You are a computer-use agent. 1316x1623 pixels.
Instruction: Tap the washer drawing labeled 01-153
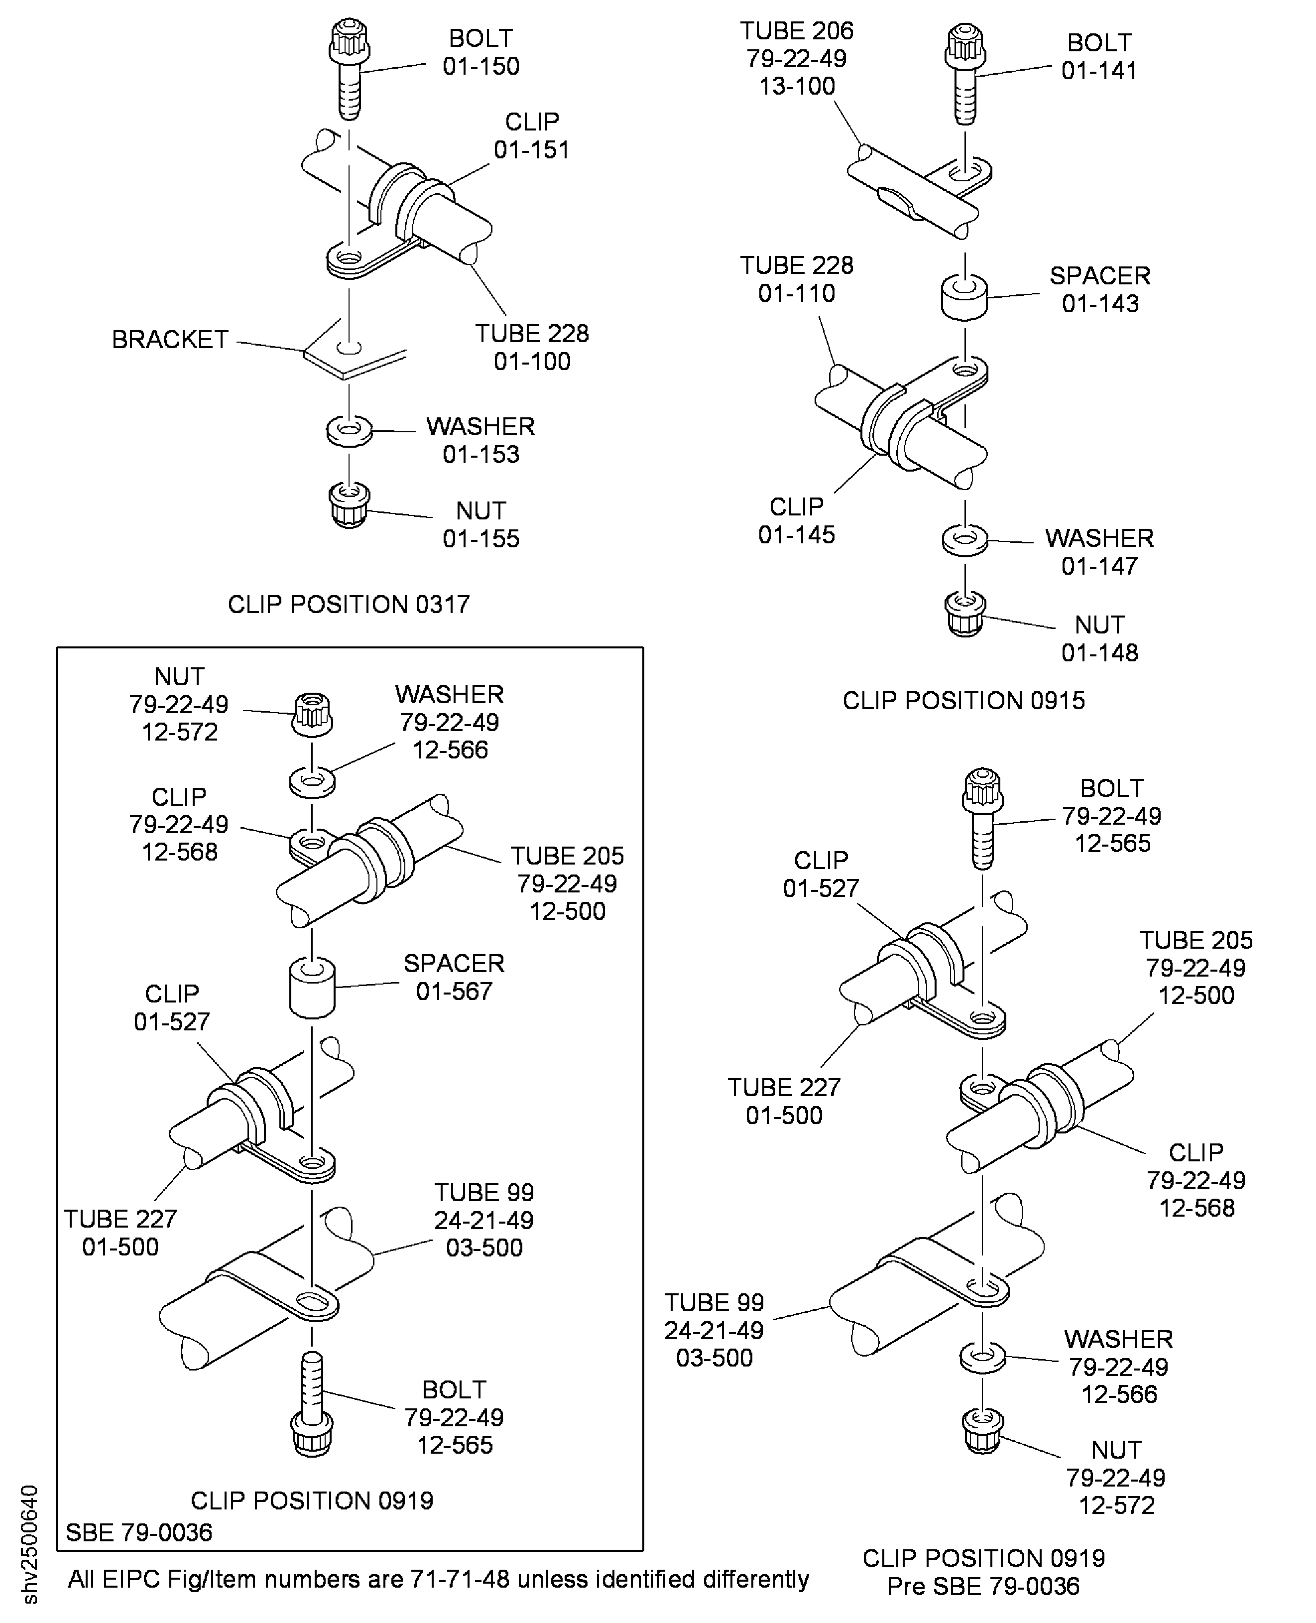tap(349, 431)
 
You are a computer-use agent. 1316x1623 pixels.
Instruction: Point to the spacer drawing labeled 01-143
tap(964, 297)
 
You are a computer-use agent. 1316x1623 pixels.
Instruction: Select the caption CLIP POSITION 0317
tap(349, 604)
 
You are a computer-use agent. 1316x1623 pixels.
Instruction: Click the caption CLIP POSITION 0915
tap(963, 700)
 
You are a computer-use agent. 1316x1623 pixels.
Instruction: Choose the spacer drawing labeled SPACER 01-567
tap(312, 987)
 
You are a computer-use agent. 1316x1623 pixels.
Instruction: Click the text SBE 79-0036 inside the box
tap(139, 1533)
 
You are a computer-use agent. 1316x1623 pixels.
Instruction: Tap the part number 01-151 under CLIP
tap(531, 150)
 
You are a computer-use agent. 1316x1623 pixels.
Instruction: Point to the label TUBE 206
tap(796, 31)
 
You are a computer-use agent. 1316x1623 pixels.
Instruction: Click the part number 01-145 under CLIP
tap(796, 534)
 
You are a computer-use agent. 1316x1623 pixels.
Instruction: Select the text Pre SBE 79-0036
tap(983, 1586)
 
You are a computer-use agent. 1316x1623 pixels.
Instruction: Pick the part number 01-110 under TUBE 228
tap(796, 293)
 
